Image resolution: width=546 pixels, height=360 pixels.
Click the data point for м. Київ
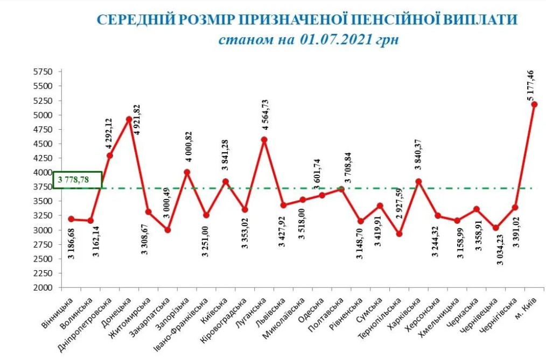coord(534,104)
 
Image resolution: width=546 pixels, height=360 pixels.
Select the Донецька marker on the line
coord(129,119)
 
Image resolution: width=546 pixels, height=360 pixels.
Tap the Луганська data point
coord(264,140)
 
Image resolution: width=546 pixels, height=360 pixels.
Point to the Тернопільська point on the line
coord(399,234)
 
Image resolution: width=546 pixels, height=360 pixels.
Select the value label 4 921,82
coord(136,119)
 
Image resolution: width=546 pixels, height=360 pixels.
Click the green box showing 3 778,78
coord(78,180)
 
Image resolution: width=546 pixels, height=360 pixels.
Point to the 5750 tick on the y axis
coord(43,72)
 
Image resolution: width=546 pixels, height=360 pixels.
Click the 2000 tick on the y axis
coord(43,288)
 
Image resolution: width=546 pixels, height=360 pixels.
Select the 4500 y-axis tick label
coord(43,144)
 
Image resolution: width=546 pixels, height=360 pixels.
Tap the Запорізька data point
coord(187,172)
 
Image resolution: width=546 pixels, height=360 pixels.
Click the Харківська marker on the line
coord(418,181)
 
